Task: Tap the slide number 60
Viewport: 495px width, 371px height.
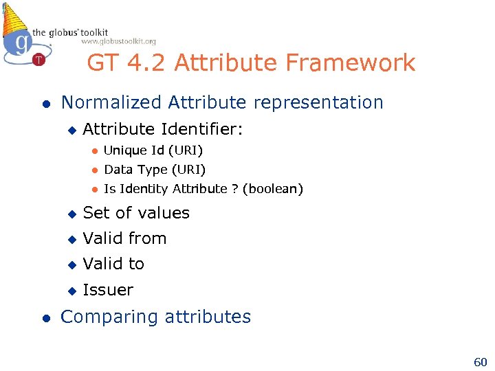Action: [x=479, y=361]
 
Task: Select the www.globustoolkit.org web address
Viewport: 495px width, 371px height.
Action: [x=118, y=41]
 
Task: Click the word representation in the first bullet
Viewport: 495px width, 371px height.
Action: [x=316, y=102]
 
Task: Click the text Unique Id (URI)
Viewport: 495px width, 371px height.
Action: [x=153, y=150]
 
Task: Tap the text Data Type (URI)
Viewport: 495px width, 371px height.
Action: [x=155, y=170]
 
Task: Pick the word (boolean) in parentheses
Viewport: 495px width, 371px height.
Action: [x=272, y=189]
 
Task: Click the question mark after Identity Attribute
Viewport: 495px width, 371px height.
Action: [x=234, y=189]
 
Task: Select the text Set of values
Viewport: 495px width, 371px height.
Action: [x=136, y=213]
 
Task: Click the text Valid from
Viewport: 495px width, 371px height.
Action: [x=124, y=238]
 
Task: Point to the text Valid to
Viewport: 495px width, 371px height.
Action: [x=113, y=264]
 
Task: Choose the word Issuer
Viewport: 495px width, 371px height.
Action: [x=108, y=290]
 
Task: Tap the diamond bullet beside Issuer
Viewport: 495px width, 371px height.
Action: [x=70, y=291]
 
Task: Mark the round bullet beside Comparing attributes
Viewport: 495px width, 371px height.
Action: [x=45, y=317]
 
